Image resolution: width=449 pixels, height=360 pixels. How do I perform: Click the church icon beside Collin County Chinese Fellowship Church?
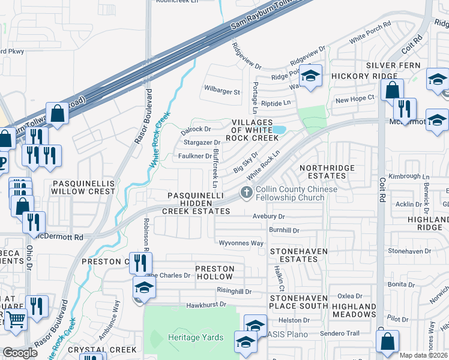tap(246, 193)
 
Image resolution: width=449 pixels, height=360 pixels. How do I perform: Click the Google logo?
tap(20, 353)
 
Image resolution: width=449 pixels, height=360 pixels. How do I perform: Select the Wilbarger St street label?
tap(221, 92)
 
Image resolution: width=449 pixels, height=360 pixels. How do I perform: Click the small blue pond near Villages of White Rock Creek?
tap(279, 130)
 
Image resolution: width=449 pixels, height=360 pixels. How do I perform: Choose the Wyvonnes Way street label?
tap(241, 243)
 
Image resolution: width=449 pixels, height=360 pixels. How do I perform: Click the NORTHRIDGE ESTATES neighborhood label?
tap(322, 172)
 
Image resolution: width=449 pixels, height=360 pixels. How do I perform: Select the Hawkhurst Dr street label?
tap(206, 304)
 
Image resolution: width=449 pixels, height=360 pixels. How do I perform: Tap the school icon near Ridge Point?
tap(310, 76)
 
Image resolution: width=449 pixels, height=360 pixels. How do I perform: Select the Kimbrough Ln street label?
tap(409, 176)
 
